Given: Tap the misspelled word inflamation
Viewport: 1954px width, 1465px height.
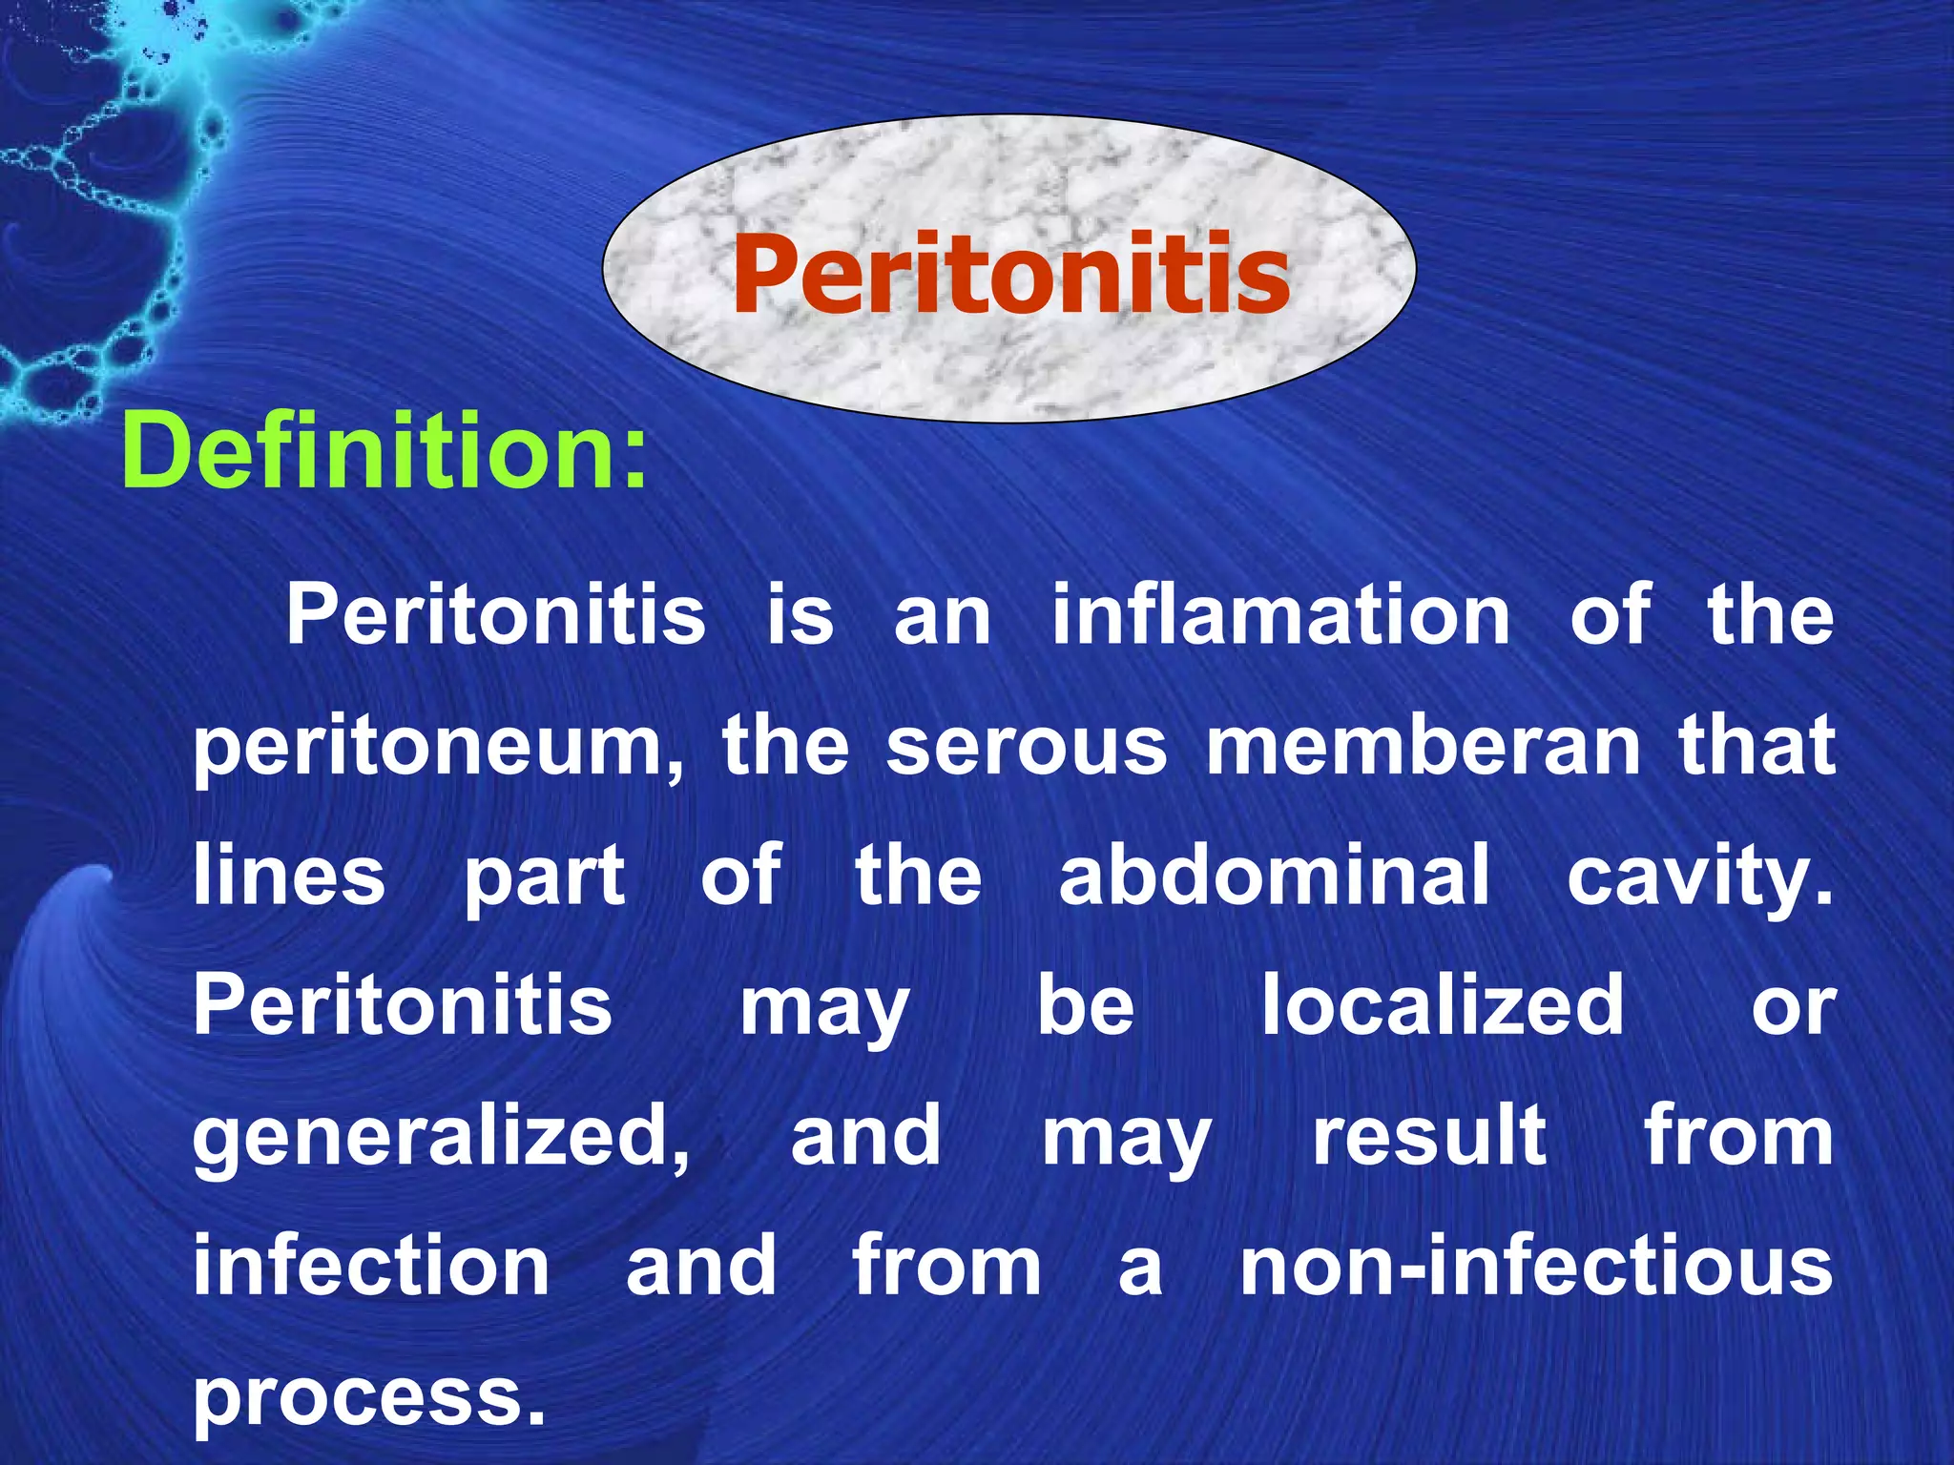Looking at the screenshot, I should click(1280, 614).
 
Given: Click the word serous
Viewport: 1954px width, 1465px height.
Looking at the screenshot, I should click(1027, 745).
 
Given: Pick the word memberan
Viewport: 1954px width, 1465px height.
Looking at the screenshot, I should click(1424, 745).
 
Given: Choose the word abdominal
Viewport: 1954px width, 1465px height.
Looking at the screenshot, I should click(1274, 875).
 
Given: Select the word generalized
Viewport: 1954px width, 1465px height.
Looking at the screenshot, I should click(441, 1138).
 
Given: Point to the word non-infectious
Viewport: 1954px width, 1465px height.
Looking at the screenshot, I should click(1536, 1266).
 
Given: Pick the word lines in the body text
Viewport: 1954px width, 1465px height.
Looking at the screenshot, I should click(289, 875).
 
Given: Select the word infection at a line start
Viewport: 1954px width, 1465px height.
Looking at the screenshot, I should click(371, 1266).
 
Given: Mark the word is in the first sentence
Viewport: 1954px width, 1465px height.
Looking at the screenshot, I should click(800, 614).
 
